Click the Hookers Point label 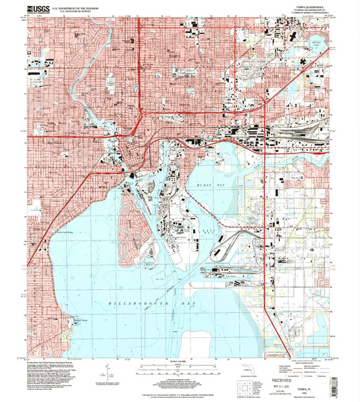(178, 237)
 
